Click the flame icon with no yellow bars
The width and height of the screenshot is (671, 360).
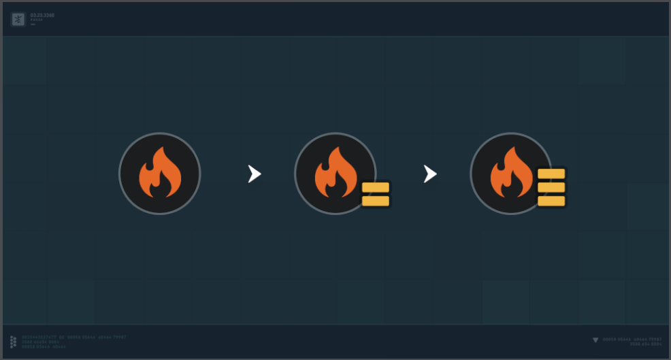[160, 174]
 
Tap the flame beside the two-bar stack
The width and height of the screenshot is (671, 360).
[335, 174]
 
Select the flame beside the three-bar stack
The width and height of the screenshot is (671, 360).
[510, 174]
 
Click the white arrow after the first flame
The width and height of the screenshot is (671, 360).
[255, 174]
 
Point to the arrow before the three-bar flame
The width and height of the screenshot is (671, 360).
[430, 174]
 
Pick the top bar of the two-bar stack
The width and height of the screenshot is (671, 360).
[376, 187]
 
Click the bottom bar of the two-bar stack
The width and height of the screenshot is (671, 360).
[376, 201]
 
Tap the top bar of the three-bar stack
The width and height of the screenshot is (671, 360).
[551, 174]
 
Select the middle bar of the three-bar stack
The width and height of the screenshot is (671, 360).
[551, 187]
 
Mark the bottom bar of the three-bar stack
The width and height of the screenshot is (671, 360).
[551, 201]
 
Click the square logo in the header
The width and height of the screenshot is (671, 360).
[18, 19]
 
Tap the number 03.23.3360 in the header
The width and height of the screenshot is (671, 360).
[42, 15]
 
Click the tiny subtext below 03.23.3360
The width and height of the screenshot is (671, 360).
[36, 20]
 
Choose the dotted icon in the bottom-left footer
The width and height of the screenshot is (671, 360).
[14, 342]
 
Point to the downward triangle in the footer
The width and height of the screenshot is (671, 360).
[595, 340]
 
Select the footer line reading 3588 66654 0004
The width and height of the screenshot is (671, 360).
[41, 342]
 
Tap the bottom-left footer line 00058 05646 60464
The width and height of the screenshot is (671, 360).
[44, 346]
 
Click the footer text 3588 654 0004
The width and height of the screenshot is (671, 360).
[646, 344]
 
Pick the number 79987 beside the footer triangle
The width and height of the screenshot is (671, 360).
[655, 339]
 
